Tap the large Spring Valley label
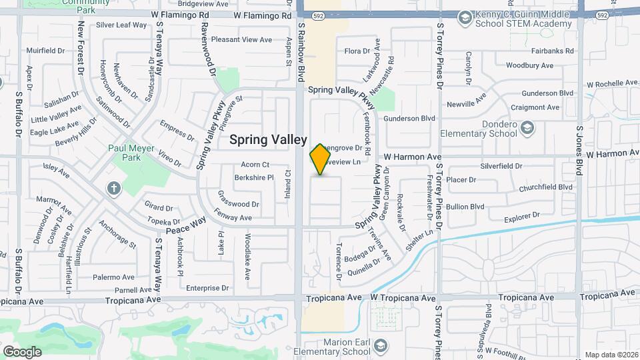[268, 139]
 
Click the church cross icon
[113, 188]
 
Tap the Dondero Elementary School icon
[527, 127]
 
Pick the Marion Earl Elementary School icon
[380, 345]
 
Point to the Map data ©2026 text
[611, 355]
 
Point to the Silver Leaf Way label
[121, 25]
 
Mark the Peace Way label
[185, 225]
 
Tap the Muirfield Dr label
[45, 51]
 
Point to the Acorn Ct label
[255, 165]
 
